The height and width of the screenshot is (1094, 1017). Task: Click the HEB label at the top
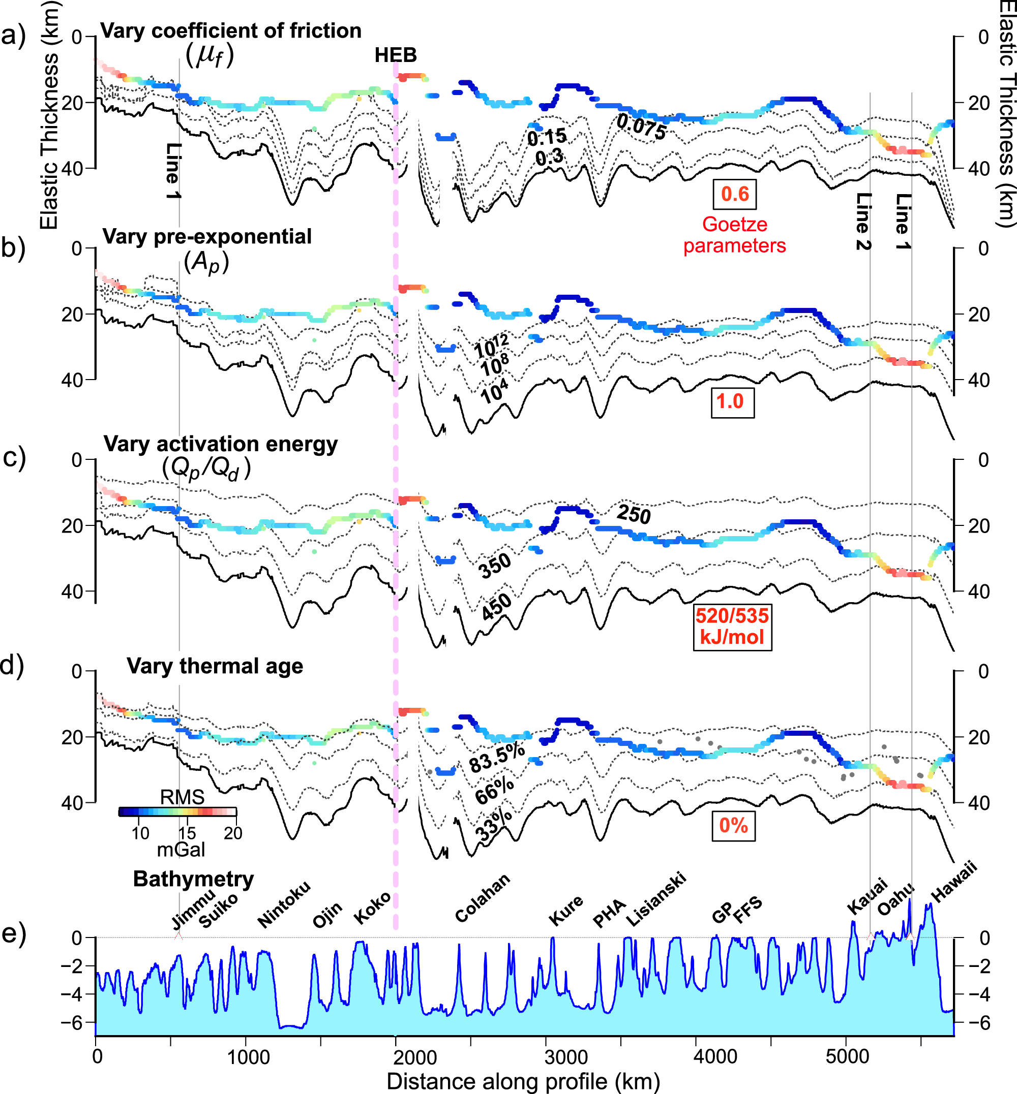click(395, 55)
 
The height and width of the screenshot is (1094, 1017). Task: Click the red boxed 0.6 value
click(734, 194)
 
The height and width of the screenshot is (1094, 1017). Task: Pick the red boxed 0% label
click(733, 825)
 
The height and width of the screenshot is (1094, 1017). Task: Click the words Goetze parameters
click(734, 235)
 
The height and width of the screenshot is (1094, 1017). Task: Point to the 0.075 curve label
click(641, 127)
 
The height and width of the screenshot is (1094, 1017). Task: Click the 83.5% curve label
click(496, 758)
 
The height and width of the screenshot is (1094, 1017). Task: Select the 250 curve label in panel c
click(634, 514)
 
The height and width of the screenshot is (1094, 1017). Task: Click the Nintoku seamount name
click(284, 903)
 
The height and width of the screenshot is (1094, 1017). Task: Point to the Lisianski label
click(656, 898)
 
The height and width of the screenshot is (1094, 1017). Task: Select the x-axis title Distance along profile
click(523, 1081)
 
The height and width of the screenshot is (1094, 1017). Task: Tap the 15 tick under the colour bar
click(187, 833)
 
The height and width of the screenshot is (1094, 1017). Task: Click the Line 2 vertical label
click(863, 221)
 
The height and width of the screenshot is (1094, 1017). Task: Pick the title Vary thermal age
click(215, 666)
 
